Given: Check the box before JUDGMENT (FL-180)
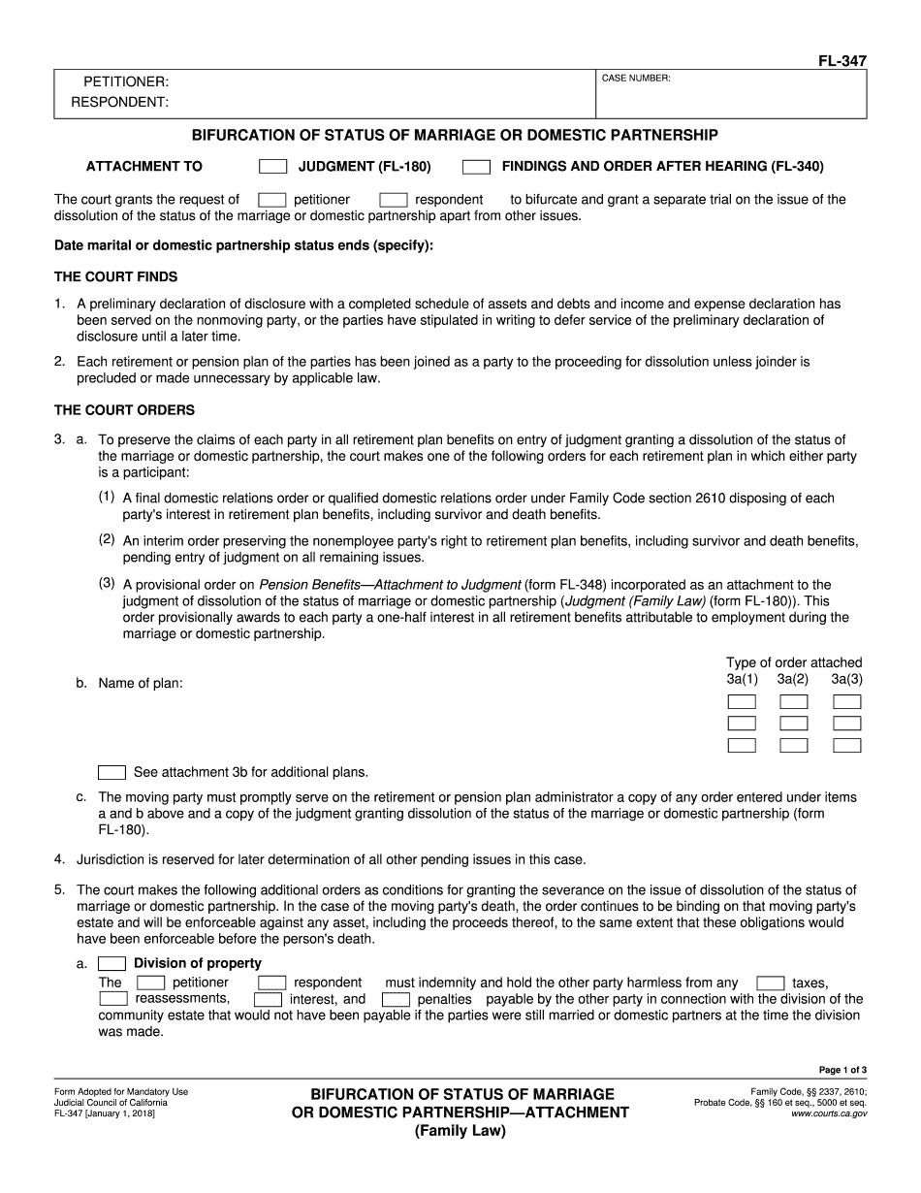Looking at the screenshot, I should pyautogui.click(x=273, y=167).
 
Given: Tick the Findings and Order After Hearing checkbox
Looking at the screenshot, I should pyautogui.click(x=476, y=167).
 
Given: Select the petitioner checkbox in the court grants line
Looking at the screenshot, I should pyautogui.click(x=272, y=200).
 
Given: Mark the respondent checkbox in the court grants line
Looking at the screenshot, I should pyautogui.click(x=393, y=200).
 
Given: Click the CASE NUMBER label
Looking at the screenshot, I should pyautogui.click(x=636, y=78).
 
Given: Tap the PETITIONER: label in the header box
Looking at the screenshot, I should pyautogui.click(x=126, y=82).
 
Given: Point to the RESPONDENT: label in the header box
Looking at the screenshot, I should pyautogui.click(x=120, y=102).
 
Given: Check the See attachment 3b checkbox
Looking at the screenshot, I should pyautogui.click(x=112, y=773).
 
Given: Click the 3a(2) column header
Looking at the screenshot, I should pyautogui.click(x=792, y=679).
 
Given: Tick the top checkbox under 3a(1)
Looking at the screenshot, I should pyautogui.click(x=742, y=701).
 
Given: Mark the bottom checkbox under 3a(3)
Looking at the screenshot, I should pyautogui.click(x=846, y=746).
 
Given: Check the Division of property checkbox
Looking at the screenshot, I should pyautogui.click(x=112, y=963).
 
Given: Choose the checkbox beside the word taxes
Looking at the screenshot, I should pyautogui.click(x=771, y=983).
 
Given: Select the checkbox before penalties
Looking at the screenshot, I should pyautogui.click(x=396, y=999).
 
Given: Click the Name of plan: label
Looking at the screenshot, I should pyautogui.click(x=141, y=683).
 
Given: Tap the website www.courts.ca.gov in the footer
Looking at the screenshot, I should pyautogui.click(x=829, y=1114).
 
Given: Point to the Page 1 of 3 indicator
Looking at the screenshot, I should pyautogui.click(x=842, y=1070).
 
